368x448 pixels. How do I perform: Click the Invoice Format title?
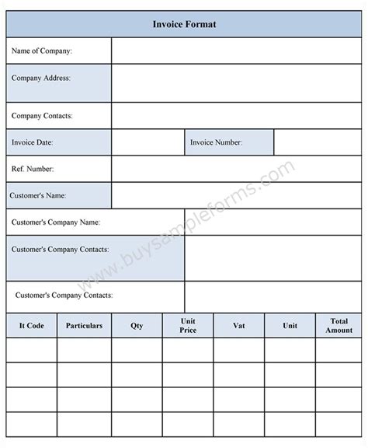184,24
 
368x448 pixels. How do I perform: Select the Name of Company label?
42,51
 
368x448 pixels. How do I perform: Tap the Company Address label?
41,78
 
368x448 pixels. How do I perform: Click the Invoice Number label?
217,142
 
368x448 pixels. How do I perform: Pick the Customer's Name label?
38,195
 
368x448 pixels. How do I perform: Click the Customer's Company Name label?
56,222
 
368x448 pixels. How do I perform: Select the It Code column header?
31,326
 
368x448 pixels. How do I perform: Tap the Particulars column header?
84,326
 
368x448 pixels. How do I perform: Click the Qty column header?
137,326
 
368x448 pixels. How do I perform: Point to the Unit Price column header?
188,326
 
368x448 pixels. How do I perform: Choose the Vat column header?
238,326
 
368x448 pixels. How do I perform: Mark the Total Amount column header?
339,326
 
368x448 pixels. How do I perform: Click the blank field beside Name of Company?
236,51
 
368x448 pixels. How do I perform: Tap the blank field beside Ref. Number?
236,168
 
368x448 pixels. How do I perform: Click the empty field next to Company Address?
236,83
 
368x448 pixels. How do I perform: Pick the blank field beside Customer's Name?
236,195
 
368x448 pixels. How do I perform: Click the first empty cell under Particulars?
84,351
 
